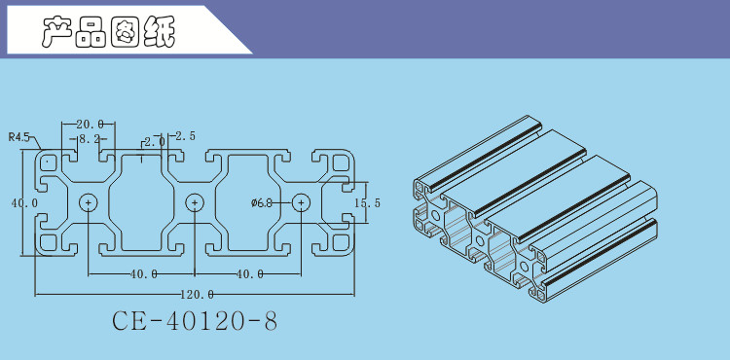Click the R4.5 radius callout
tap(18, 137)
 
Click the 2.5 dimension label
tap(185, 136)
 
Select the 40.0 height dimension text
tap(24, 202)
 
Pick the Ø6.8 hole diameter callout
tap(261, 202)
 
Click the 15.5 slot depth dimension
tap(367, 202)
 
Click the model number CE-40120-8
tap(195, 321)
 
